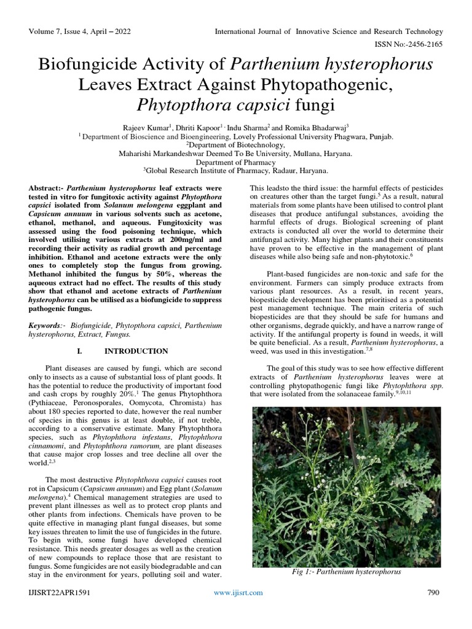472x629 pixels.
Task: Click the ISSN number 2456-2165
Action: pyautogui.click(x=426, y=44)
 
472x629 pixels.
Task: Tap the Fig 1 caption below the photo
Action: pyautogui.click(x=347, y=571)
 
